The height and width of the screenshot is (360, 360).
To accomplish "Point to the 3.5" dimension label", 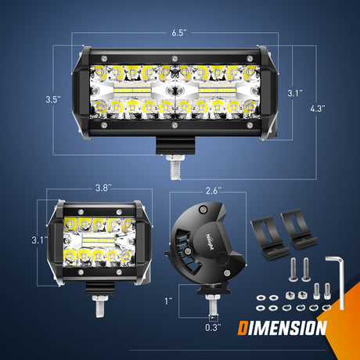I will pos(52,99).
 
